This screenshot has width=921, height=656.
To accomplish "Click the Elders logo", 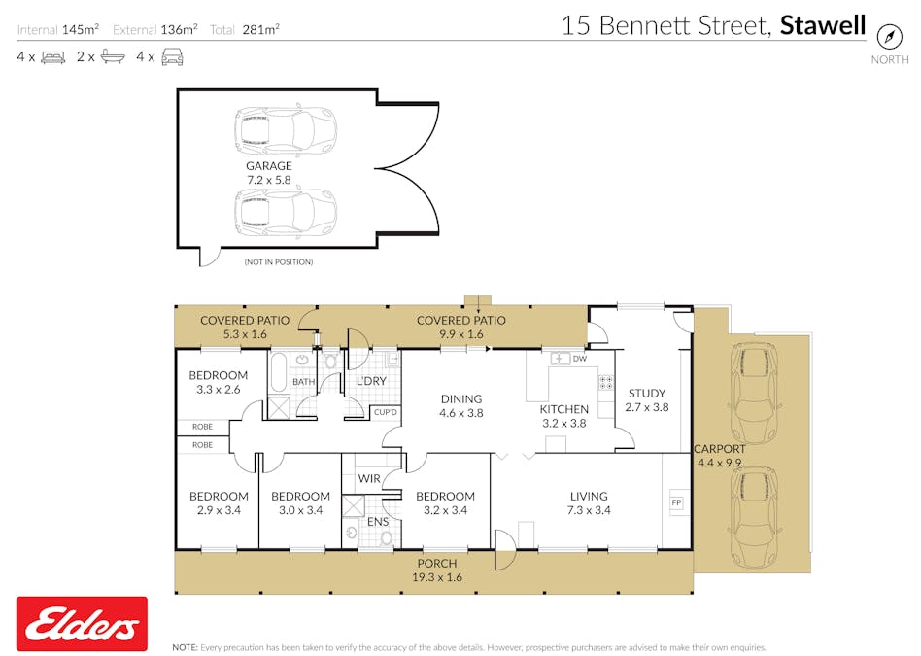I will pos(82,623).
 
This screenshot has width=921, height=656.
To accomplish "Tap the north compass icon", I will pos(889,37).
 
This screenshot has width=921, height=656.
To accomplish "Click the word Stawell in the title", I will pos(823,25).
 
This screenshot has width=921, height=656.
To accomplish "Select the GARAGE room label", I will pos(268,166).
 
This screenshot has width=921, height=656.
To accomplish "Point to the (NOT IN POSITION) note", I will pos(278,262).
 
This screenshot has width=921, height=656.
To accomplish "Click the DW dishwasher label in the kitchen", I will pos(580,359).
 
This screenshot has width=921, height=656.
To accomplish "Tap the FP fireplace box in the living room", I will pos(676,502).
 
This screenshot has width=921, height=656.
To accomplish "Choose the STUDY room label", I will pos(646,394).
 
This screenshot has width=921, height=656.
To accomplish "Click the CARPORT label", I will pos(719,449).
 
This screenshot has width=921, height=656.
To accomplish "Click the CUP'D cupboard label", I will pos(386,413).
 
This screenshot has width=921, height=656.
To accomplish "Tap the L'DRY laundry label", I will pos(372,381).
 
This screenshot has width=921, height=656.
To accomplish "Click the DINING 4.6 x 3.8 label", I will pos(461,405).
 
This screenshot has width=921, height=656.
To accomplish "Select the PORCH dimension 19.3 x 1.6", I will pos(436,576).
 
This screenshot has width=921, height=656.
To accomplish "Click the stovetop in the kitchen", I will pos(605,383).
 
